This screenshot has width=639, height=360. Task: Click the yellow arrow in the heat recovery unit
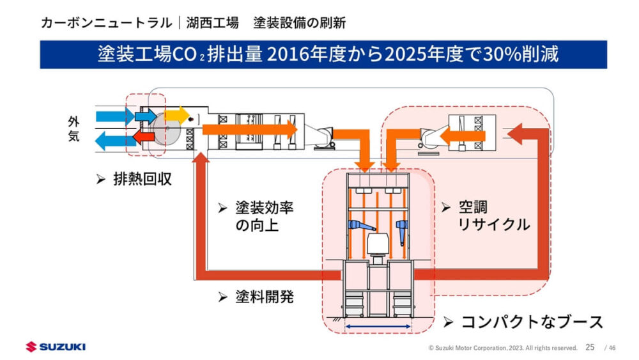coord(176,115)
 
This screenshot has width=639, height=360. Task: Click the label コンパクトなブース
coord(532,321)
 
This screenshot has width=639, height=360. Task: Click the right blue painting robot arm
coord(402,229)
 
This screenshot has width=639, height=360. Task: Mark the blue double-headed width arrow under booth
coord(378,326)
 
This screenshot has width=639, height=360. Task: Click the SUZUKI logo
coord(56,347)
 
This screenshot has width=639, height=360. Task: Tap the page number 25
coord(590,347)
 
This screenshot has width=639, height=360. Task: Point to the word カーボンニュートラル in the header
coord(105,23)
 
